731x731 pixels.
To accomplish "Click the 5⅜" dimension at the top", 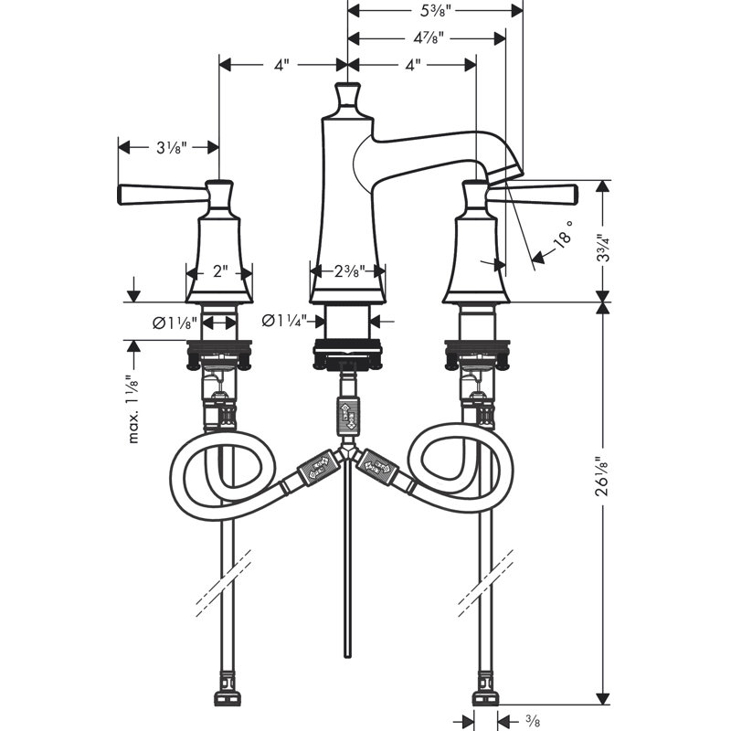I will click(435, 10).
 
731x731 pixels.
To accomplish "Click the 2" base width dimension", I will click(219, 272).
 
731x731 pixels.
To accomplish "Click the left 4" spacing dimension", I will click(282, 65).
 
